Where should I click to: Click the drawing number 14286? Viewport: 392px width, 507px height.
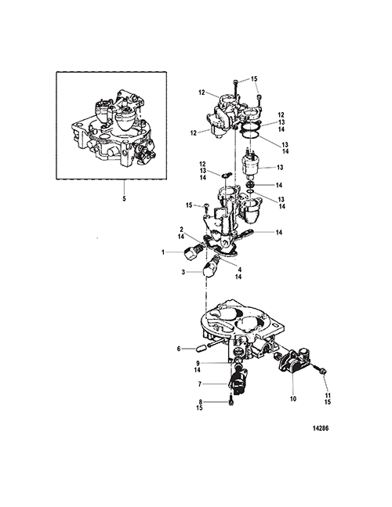[321, 429]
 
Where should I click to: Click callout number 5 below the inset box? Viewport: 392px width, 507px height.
[124, 198]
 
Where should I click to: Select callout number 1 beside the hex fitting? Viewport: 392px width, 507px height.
[163, 252]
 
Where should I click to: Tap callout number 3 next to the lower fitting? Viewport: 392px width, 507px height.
[183, 272]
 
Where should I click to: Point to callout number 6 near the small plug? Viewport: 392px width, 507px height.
[179, 349]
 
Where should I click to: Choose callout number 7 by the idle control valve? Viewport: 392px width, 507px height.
[200, 384]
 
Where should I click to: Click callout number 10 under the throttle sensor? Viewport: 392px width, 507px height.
[293, 399]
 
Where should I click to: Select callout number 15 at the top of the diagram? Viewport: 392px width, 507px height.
[254, 79]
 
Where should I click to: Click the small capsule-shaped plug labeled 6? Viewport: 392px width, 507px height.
[201, 349]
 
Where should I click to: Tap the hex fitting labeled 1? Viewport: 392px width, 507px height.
[191, 256]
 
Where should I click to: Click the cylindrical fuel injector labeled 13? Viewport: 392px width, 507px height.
[252, 165]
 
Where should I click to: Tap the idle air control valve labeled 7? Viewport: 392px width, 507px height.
[238, 378]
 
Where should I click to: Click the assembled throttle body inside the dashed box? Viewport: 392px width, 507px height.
[113, 129]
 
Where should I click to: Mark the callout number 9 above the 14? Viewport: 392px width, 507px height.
[198, 364]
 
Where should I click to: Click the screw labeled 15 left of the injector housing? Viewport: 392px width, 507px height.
[206, 212]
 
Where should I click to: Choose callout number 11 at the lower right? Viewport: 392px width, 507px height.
[328, 396]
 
